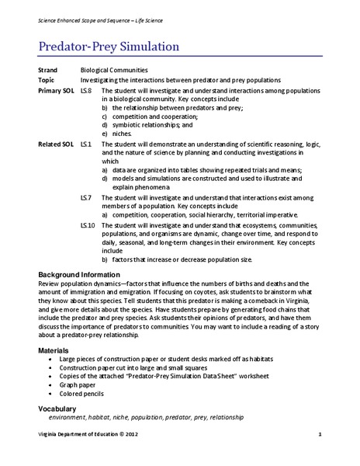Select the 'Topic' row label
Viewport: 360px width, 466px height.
coord(47,81)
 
